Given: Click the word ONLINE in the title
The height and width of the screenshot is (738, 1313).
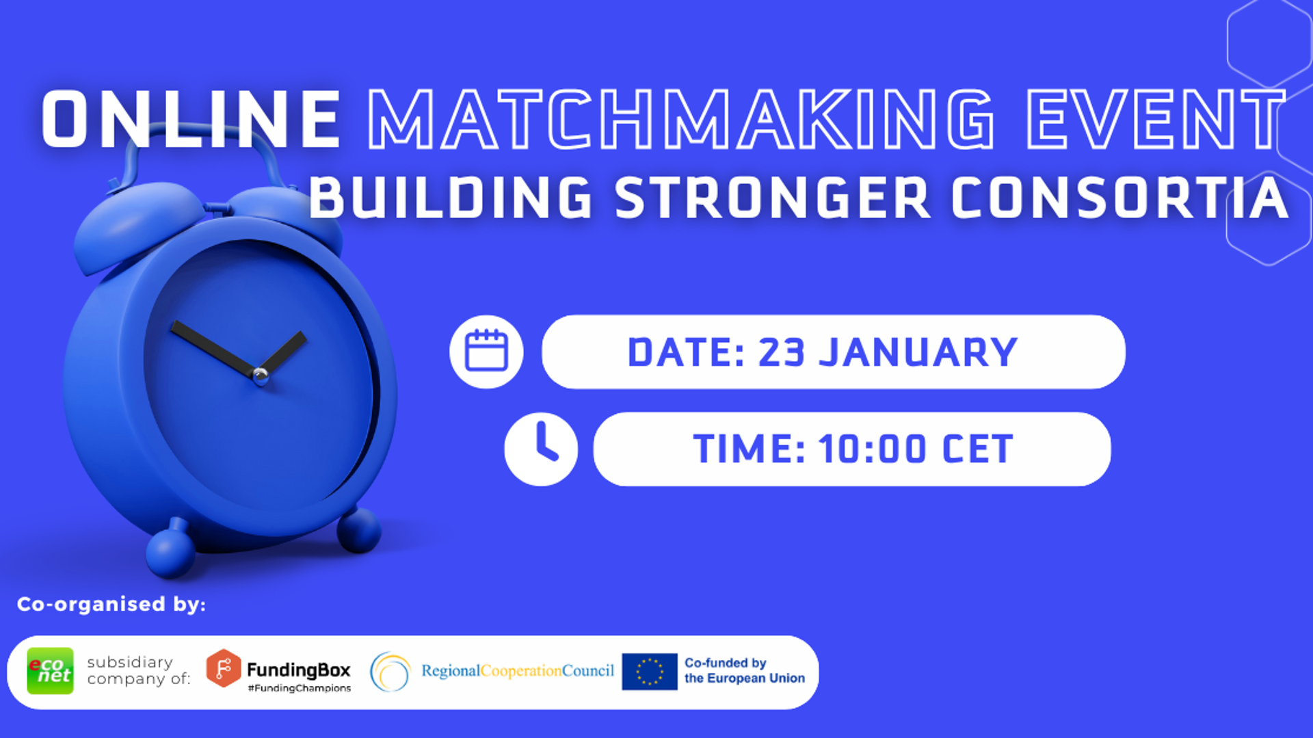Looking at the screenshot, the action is [x=191, y=119].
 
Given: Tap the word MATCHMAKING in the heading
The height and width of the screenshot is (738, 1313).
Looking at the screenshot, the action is [x=680, y=119].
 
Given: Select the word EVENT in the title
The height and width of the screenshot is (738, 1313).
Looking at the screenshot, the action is [x=1156, y=119].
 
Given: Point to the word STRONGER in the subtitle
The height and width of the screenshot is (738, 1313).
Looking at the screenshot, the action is [x=773, y=198].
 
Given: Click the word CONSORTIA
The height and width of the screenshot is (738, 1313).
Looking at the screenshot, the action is [x=1120, y=198].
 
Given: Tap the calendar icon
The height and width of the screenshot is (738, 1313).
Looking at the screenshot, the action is [x=486, y=352].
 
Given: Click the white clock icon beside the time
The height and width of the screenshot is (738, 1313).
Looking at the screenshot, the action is [x=541, y=449].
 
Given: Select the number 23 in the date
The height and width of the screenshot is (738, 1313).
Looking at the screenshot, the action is [x=781, y=353].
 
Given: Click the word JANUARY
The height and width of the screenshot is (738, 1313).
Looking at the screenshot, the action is [x=918, y=353].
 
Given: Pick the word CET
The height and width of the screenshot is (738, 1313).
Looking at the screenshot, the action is [x=978, y=450].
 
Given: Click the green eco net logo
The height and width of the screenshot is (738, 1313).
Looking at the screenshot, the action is [x=50, y=671].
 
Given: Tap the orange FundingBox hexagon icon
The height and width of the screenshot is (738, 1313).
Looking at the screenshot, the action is [x=224, y=668].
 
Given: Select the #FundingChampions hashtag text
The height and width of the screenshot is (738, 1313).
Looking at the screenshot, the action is [x=300, y=688].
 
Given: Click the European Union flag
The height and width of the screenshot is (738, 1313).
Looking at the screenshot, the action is [x=650, y=672].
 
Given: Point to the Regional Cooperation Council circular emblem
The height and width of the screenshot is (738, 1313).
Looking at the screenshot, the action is [x=390, y=672].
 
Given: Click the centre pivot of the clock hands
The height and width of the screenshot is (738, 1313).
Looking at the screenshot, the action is [x=260, y=375].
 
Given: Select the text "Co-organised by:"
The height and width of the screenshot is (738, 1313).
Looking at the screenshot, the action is [x=111, y=605].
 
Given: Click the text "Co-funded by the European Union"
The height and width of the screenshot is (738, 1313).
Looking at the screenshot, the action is [x=745, y=671].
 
